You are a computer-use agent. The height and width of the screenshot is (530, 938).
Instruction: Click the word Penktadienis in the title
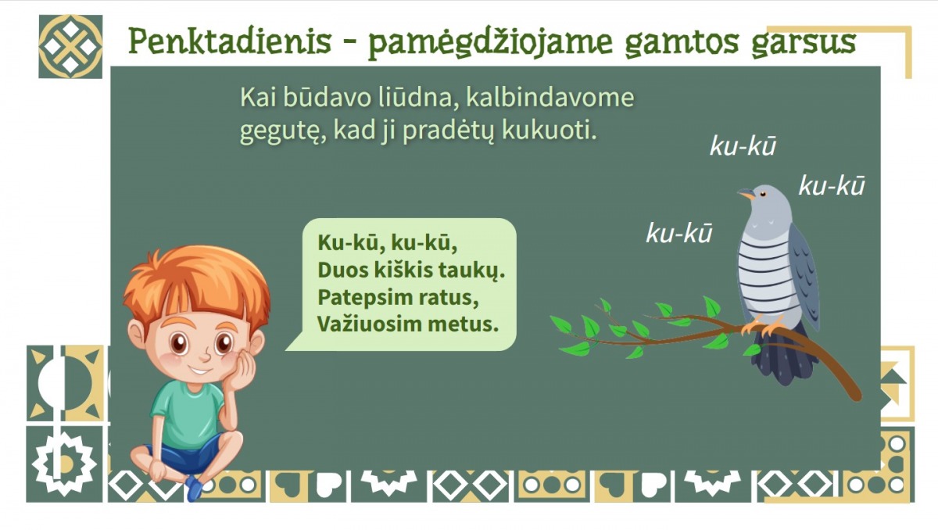[230, 41]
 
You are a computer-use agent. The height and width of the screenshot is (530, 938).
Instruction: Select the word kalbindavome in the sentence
[550, 98]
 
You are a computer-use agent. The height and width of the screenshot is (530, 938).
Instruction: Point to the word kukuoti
[549, 131]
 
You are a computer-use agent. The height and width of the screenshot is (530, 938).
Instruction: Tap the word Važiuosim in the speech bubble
[363, 324]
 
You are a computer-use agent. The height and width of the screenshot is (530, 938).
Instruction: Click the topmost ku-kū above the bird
[743, 146]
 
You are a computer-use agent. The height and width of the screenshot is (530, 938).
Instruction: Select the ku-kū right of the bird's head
[832, 185]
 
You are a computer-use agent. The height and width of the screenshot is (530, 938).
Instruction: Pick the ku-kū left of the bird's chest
[679, 233]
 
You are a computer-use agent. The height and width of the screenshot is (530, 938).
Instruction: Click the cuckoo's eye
[763, 194]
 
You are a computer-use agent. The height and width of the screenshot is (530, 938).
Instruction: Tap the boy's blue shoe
[194, 488]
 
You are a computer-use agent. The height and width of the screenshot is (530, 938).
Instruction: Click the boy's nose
[205, 356]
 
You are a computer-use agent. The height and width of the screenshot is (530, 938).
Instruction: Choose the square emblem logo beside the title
[70, 46]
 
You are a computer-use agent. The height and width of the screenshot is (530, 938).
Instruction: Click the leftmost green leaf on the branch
[560, 325]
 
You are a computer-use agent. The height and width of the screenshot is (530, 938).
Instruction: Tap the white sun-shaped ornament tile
[64, 464]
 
